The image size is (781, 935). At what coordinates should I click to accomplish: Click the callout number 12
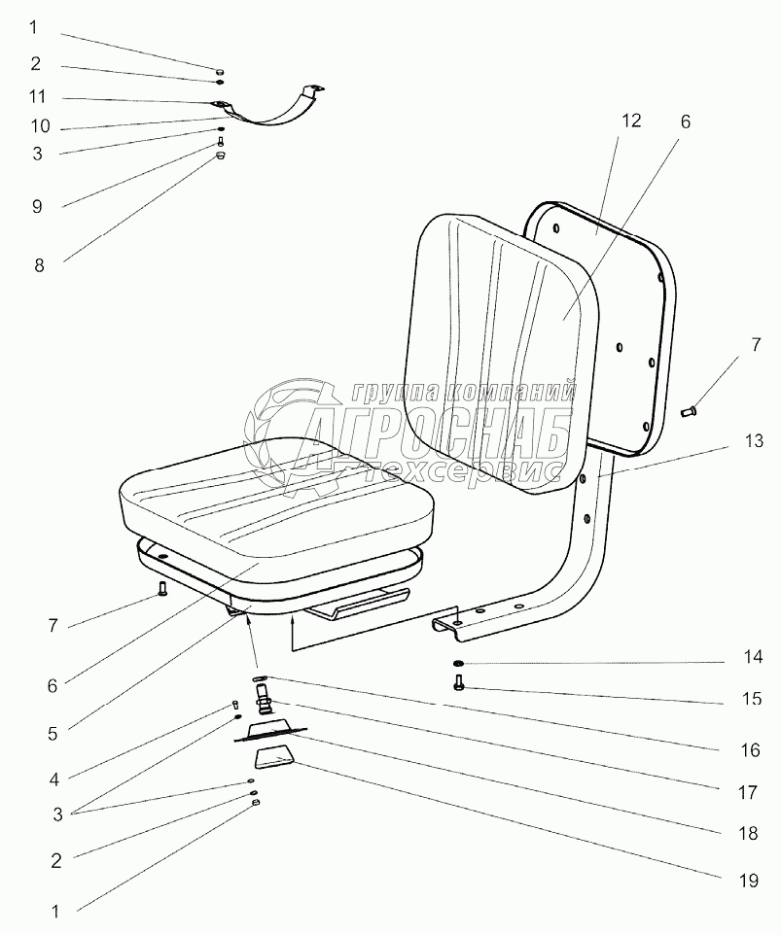[x=631, y=121]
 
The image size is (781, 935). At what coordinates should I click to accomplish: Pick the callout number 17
[x=746, y=792]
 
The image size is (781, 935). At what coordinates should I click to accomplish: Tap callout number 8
[x=39, y=263]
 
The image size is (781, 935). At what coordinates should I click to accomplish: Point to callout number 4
[x=54, y=779]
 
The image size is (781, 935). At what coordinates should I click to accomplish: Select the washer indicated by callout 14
[x=457, y=664]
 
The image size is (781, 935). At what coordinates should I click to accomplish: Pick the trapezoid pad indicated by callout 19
[x=275, y=756]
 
